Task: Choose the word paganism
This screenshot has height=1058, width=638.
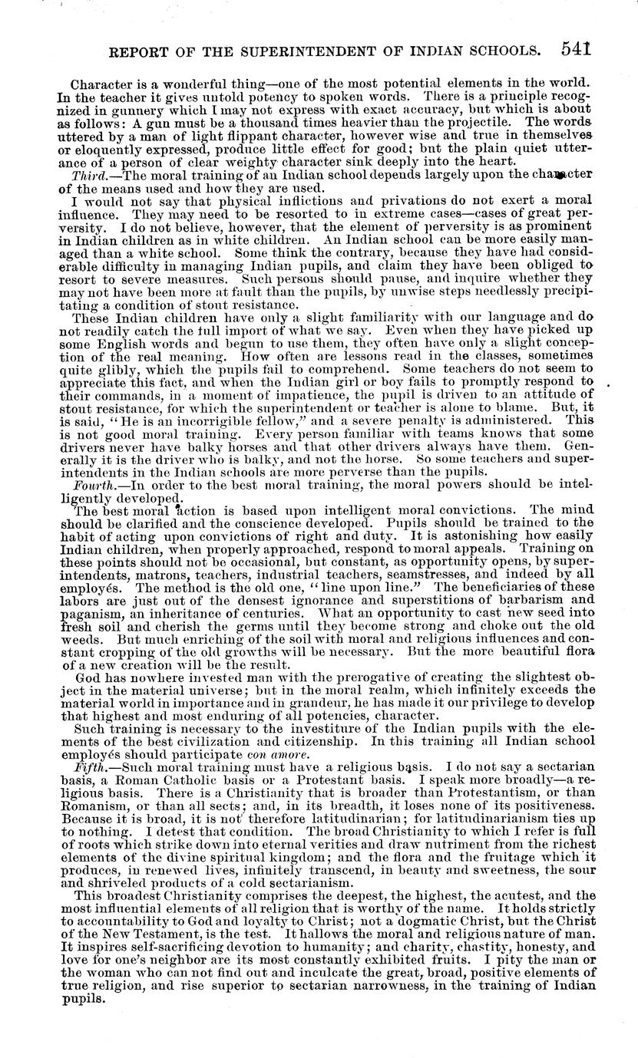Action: point(87,608)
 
